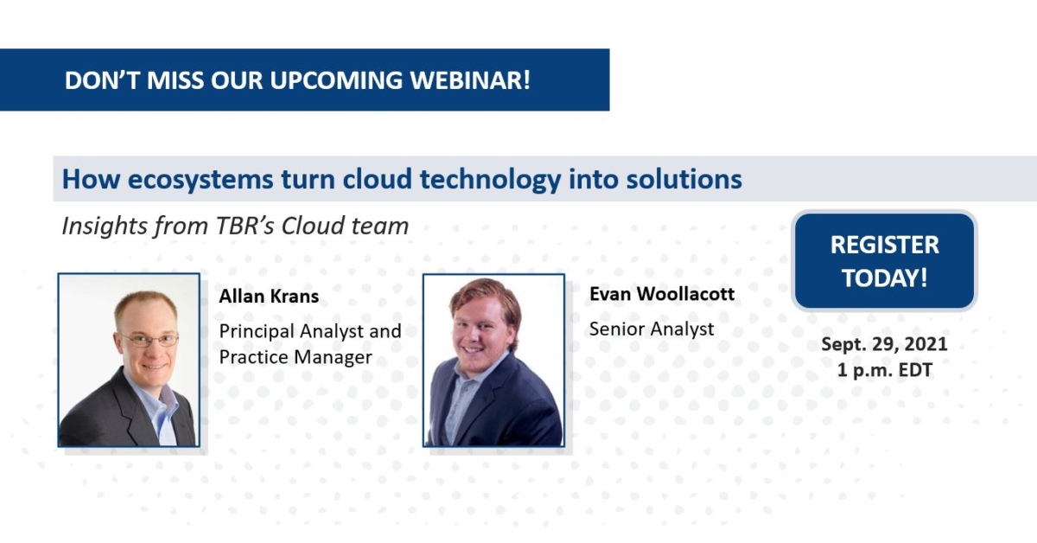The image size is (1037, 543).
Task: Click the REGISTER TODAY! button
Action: tap(884, 261)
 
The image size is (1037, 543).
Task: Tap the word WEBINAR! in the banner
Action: tap(482, 80)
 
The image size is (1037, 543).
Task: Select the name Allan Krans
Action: tap(269, 297)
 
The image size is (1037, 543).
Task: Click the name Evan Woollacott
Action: tap(661, 294)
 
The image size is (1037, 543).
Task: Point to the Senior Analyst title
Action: tap(651, 329)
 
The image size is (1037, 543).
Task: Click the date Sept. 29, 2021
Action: tap(884, 344)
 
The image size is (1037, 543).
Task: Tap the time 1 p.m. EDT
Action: tap(884, 370)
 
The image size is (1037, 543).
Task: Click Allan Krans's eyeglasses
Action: tap(149, 340)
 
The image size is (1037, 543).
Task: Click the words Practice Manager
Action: tap(296, 357)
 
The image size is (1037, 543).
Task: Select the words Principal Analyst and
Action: tap(309, 331)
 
